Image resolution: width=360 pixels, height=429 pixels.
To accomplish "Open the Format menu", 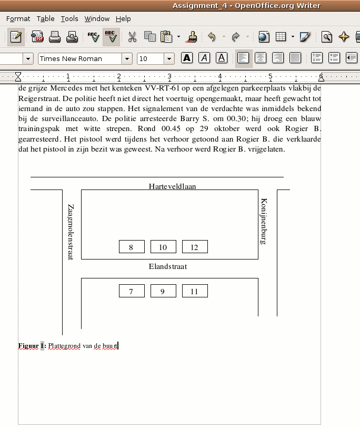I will point(18,19).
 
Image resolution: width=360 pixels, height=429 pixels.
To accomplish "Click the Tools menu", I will point(69,19).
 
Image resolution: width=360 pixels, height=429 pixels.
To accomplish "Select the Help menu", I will point(123,19).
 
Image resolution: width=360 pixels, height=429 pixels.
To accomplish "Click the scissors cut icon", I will point(132,37).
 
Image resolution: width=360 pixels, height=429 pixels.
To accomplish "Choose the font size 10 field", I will point(150,59).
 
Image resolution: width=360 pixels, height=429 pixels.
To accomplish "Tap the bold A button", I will point(187,58).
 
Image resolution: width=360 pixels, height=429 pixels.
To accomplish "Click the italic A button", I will point(204,58).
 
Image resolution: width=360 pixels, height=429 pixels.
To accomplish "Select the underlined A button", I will point(222,58).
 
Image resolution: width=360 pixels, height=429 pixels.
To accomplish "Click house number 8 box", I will point(132,247).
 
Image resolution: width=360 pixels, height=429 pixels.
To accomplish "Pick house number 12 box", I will point(195,247).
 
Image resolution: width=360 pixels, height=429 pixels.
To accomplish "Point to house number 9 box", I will point(163,291).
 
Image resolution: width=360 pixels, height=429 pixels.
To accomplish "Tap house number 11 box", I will point(195,291).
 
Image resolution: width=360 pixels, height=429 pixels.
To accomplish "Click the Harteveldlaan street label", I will point(172,186).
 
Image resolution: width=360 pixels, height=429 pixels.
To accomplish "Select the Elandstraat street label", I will point(168,266).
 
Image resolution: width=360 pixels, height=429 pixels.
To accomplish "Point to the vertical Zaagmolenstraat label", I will point(71,232).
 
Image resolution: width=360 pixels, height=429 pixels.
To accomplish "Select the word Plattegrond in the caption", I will point(64,346).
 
